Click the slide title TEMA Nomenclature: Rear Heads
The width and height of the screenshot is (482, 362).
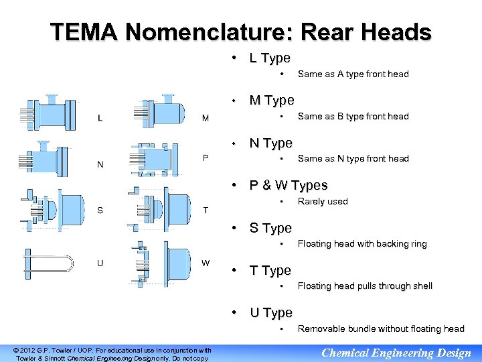tap(241, 32)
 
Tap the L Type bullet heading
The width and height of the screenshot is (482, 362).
tap(270, 58)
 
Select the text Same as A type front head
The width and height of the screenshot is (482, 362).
tap(353, 74)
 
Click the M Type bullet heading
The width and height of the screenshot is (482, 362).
tap(272, 101)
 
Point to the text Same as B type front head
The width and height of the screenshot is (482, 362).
tap(353, 116)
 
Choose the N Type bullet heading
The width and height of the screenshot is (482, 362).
tap(271, 143)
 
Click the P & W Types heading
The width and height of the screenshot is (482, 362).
tap(289, 186)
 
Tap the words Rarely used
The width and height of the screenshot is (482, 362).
tap(323, 201)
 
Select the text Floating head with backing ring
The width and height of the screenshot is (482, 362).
tap(362, 244)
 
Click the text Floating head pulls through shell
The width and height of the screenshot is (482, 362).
tap(365, 286)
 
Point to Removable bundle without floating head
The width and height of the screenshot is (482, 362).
tap(380, 328)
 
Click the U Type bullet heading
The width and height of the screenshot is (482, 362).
tap(271, 313)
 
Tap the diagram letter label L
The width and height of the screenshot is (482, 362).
tap(100, 119)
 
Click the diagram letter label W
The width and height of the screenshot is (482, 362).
tap(206, 262)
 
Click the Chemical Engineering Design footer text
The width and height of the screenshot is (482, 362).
tap(396, 353)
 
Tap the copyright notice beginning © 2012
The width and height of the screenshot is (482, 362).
tap(112, 353)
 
